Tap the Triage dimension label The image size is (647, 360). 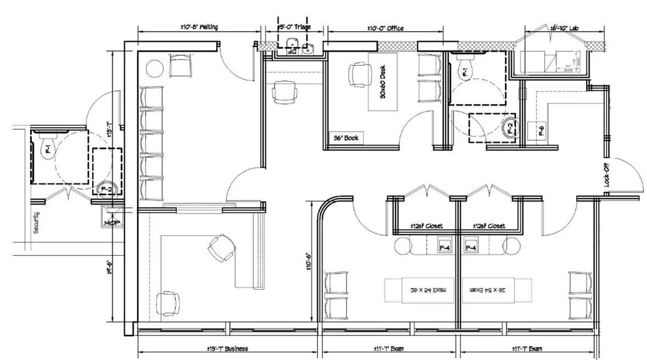pyautogui.click(x=295, y=27)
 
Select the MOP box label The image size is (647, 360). pyautogui.click(x=110, y=223)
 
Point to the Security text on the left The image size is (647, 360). pyautogui.click(x=36, y=223)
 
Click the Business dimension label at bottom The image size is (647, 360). pyautogui.click(x=228, y=348)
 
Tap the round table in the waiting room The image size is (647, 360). pyautogui.click(x=155, y=70)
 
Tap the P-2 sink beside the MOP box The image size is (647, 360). pyautogui.click(x=105, y=189)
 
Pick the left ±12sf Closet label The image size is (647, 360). pyautogui.click(x=427, y=226)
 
